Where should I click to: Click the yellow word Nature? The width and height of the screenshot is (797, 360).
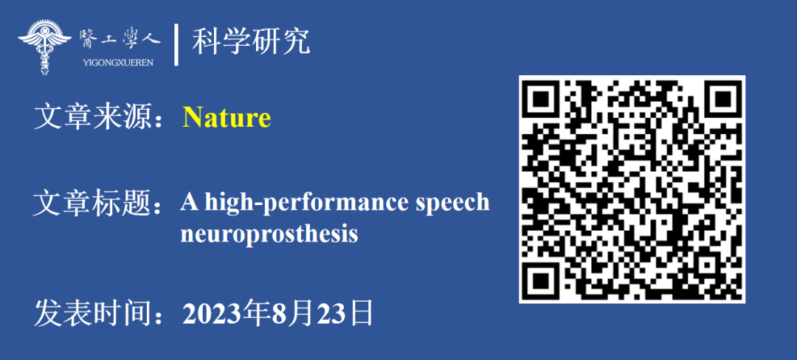227,118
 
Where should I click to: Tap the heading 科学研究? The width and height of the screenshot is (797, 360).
251,42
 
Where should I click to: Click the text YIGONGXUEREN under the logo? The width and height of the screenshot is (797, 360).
117,63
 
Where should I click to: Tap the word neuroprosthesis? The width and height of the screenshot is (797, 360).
269,235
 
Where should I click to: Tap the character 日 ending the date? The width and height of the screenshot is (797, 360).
362,314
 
